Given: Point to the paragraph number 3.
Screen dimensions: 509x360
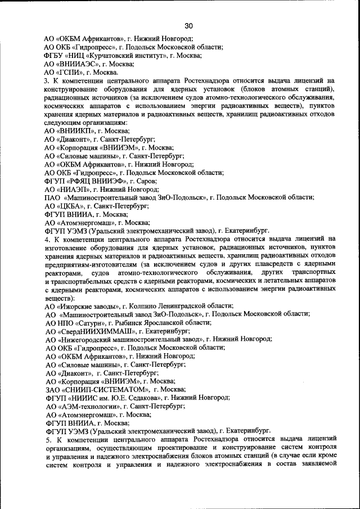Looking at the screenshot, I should click(x=47, y=81).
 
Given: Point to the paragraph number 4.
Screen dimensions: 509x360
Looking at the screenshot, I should click(x=47, y=238).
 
